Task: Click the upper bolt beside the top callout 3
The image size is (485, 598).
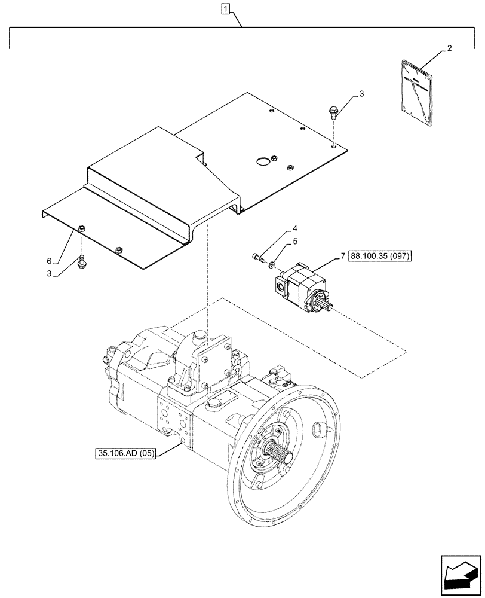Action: coord(333,112)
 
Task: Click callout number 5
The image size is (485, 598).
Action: coord(295,242)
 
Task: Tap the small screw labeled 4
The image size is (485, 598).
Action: coord(257,257)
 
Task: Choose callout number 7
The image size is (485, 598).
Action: coord(343,256)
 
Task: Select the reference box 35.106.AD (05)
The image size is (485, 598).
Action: coord(125,453)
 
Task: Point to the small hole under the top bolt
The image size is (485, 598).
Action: coord(333,144)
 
